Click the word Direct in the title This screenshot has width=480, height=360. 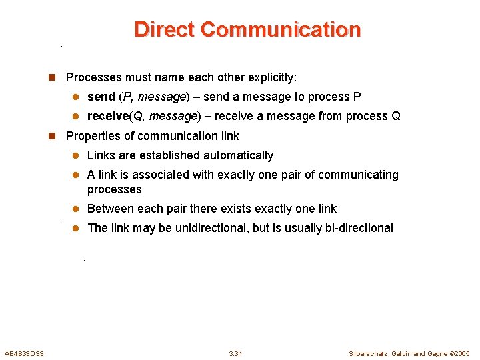coord(165,30)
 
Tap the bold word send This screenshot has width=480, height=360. coord(101,97)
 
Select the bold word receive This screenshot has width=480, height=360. coord(107,116)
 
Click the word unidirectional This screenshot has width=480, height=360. coord(213,228)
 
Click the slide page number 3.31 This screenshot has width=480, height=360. coord(235,353)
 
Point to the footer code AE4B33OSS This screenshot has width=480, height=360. coord(24,353)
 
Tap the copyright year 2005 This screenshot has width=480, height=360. coord(461,353)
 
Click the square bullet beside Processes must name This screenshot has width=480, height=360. coord(53,77)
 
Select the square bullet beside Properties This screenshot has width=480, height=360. coord(53,136)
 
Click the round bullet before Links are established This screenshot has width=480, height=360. coord(75,155)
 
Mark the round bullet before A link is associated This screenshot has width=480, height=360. coord(75,175)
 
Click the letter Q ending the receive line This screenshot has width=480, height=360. coord(396,116)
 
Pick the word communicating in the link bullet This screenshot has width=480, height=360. coord(358,175)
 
